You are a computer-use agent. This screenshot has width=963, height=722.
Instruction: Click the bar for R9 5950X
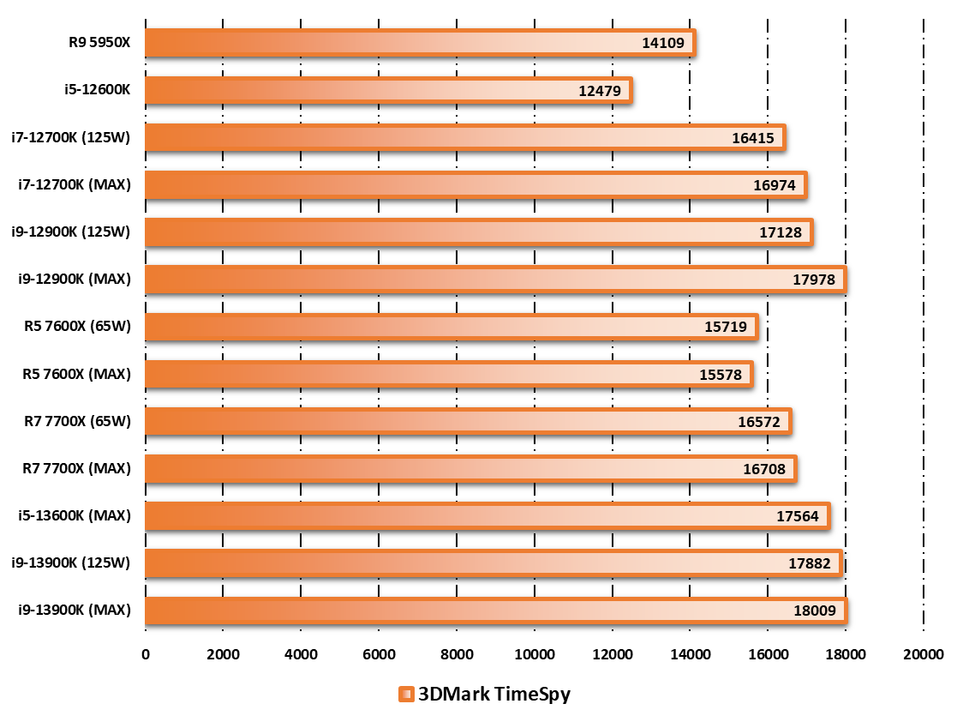click(x=420, y=43)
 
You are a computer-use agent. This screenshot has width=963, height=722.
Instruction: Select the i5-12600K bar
click(x=388, y=90)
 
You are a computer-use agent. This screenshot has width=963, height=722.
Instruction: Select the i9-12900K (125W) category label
click(x=71, y=232)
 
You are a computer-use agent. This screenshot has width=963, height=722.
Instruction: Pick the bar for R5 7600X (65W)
click(x=451, y=327)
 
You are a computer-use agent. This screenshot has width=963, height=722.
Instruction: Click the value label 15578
click(x=721, y=374)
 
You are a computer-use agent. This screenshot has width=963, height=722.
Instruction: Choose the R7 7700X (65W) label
click(x=77, y=421)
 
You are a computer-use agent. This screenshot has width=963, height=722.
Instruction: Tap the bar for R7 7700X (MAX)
click(x=470, y=468)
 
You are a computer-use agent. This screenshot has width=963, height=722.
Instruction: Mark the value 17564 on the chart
click(x=798, y=516)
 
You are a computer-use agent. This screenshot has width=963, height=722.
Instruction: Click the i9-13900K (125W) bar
click(x=493, y=563)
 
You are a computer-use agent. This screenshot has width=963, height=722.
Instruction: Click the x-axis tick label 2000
click(x=224, y=655)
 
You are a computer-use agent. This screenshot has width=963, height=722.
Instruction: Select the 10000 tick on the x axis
click(x=535, y=655)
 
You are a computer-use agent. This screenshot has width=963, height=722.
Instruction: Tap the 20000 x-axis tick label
click(x=924, y=655)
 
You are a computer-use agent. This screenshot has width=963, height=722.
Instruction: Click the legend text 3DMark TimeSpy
click(x=493, y=694)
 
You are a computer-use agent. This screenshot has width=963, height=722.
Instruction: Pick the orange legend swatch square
click(x=406, y=695)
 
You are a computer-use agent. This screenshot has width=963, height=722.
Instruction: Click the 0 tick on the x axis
click(x=146, y=655)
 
